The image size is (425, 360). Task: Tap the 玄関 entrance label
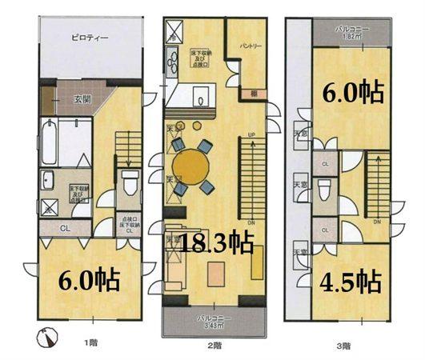pos(82,99)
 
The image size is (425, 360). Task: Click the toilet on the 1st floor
pos(128,181)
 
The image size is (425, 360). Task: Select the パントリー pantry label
pos(251,46)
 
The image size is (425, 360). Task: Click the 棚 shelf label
pos(252,94)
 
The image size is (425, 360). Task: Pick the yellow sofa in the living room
pos(257,263)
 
